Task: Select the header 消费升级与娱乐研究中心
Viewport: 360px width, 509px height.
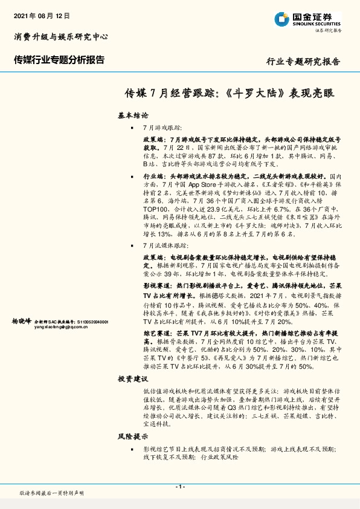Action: pyautogui.click(x=60, y=37)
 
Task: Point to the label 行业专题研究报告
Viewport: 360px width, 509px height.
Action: pyautogui.click(x=303, y=62)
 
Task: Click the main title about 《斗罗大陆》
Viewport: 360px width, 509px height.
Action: pyautogui.click(x=229, y=94)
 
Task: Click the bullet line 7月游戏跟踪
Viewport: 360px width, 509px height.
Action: pyautogui.click(x=162, y=128)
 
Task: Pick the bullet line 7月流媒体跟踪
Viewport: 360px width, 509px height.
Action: pyautogui.click(x=166, y=246)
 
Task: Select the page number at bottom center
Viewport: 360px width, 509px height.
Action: pyautogui.click(x=179, y=487)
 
